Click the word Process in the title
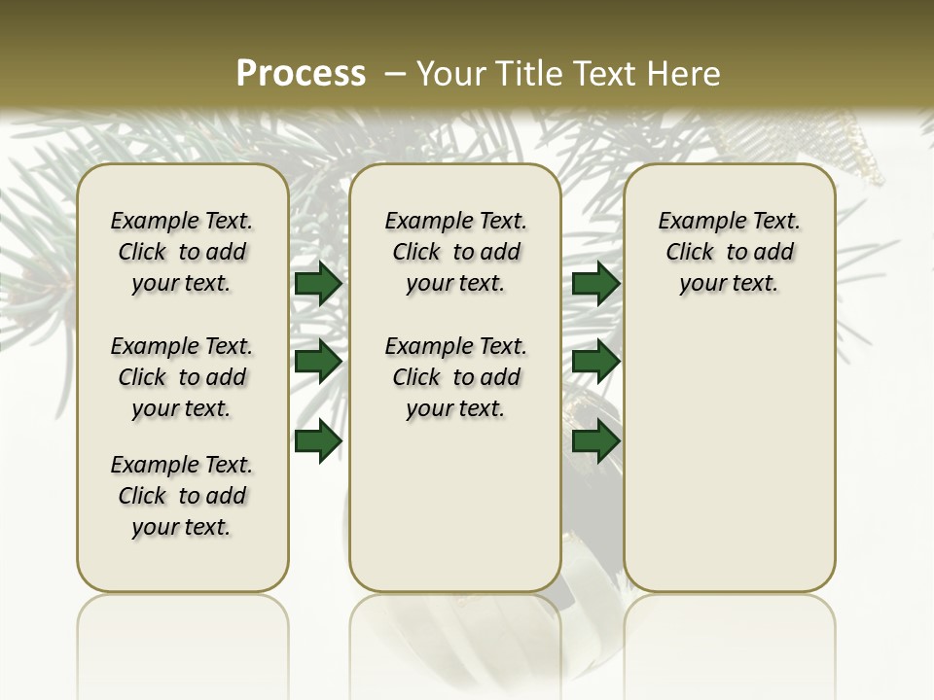pos(301,73)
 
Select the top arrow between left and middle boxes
pos(318,284)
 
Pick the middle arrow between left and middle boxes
pos(318,362)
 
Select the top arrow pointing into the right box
pos(596,284)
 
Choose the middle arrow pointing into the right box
pos(596,362)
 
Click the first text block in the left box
pos(182,252)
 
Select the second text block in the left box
pos(182,377)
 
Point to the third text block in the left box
pos(182,496)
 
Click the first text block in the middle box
pos(456,252)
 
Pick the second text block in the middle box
pos(456,377)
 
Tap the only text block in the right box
pos(730,252)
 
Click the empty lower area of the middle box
pos(455,506)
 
